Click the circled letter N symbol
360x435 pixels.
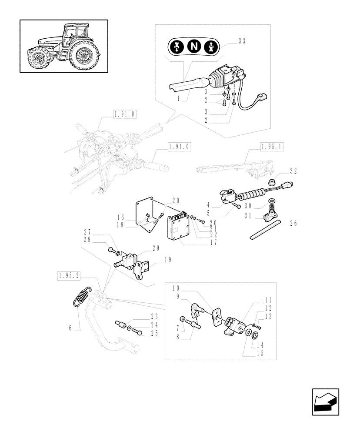point(193,47)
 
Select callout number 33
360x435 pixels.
point(242,42)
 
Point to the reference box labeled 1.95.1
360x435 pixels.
point(272,147)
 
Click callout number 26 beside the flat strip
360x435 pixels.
point(293,224)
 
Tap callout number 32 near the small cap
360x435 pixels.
point(293,171)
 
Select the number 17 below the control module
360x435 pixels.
point(213,243)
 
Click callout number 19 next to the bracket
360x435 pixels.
point(167,260)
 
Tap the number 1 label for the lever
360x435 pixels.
point(178,100)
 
